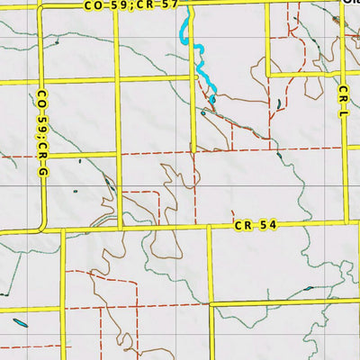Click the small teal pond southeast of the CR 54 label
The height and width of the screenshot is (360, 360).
coord(310,289)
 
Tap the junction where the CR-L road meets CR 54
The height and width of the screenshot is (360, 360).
coord(346,220)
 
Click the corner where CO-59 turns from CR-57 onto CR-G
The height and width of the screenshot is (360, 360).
coord(40,6)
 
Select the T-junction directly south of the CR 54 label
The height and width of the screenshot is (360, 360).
coord(211,303)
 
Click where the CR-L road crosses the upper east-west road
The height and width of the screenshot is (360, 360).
coord(346,76)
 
